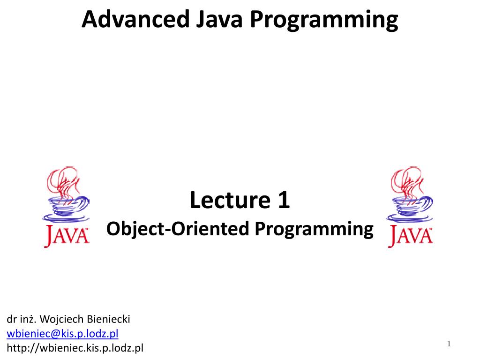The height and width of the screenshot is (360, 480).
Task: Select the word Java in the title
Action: [219, 19]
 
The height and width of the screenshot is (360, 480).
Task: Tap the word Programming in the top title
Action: [324, 21]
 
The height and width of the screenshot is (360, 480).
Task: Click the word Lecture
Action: [230, 200]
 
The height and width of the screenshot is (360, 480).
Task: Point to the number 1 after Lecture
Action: [284, 200]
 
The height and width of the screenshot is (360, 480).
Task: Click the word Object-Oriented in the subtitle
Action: [178, 229]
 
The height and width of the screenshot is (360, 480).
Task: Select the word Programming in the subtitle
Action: [314, 230]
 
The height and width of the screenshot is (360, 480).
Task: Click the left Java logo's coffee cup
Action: [67, 209]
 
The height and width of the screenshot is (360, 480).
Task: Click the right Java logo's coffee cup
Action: [410, 209]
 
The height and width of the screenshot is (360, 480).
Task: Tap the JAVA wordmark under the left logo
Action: [67, 235]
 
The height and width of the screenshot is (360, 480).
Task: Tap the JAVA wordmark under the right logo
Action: [411, 235]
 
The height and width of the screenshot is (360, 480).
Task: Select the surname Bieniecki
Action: [108, 319]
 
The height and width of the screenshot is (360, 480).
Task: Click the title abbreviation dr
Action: [12, 319]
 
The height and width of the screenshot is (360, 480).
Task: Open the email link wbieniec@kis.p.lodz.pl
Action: [62, 334]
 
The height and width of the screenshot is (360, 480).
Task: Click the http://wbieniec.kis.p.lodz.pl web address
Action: [75, 348]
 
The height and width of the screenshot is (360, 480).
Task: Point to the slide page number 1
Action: [449, 344]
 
